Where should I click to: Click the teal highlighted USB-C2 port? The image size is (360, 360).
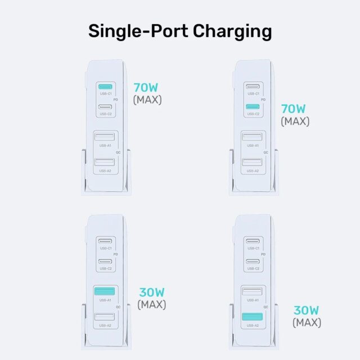click(253, 106)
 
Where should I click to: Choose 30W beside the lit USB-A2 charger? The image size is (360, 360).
click(307, 310)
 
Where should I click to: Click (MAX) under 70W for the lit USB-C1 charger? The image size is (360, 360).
click(147, 100)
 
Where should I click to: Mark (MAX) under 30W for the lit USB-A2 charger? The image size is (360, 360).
click(307, 323)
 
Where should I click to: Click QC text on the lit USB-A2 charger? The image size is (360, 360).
click(263, 307)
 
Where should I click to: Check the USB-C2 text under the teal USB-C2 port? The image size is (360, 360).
click(253, 114)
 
